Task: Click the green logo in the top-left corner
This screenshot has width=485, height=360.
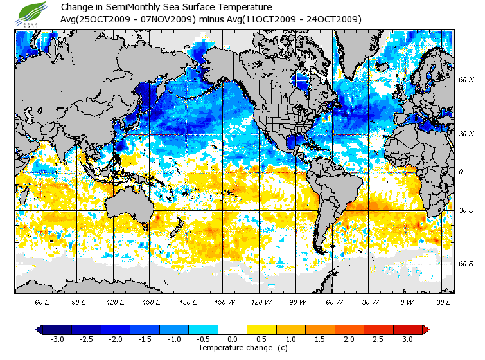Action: (x=33, y=14)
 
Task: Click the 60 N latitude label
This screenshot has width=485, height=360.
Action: (x=466, y=80)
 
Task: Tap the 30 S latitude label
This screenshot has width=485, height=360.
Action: (x=466, y=210)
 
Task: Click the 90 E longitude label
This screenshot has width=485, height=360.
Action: (x=79, y=302)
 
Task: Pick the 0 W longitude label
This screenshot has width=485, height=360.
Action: (x=406, y=302)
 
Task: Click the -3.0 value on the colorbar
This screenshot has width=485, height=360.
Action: (x=57, y=339)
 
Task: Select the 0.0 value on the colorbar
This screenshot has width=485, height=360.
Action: (x=233, y=339)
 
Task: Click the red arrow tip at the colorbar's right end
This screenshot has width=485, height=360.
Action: (x=426, y=330)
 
